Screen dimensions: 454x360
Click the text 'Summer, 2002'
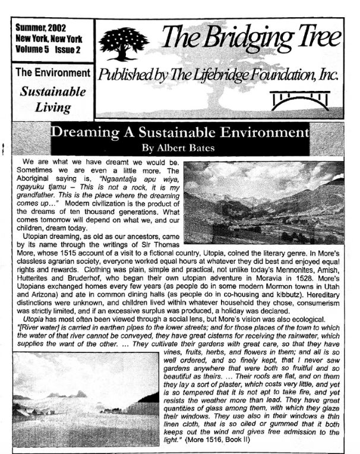(x=40, y=27)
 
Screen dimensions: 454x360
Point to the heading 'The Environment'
(x=52, y=74)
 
